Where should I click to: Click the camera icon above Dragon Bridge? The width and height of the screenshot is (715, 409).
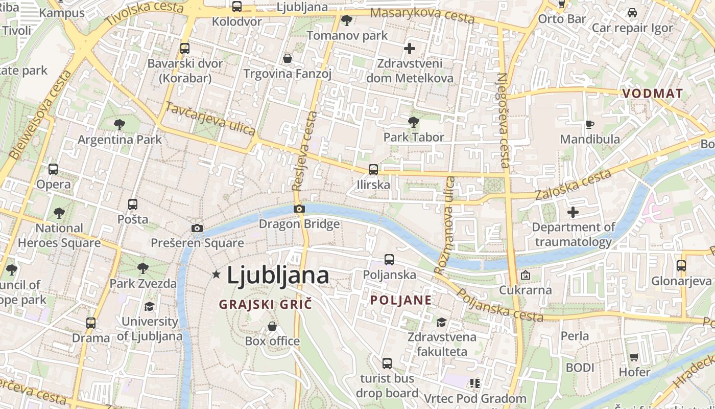tap(299, 209)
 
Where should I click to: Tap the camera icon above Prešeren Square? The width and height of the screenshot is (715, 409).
tap(197, 228)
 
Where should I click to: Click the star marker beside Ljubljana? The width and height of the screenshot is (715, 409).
tap(216, 275)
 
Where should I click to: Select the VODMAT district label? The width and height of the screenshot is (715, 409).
tap(653, 94)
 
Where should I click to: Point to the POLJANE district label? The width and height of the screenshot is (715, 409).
tap(401, 300)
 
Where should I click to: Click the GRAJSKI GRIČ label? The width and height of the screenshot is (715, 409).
tap(265, 305)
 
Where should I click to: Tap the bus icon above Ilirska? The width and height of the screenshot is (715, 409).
tap(373, 170)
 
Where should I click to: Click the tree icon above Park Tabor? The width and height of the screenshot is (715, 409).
tap(414, 122)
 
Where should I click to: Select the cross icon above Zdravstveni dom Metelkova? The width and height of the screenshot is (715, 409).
tap(409, 49)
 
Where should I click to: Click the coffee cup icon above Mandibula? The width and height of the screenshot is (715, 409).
tap(589, 124)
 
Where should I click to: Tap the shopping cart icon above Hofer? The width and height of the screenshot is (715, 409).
tap(634, 357)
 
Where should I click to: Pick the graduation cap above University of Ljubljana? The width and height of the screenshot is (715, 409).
tap(149, 306)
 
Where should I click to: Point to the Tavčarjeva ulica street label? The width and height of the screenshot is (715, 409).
tap(210, 119)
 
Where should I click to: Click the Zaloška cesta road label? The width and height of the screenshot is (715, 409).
tap(573, 185)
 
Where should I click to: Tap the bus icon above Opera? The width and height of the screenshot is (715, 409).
tap(53, 169)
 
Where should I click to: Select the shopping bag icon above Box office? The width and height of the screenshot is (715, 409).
tap(272, 326)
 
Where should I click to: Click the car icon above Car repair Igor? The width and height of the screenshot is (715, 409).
tap(632, 13)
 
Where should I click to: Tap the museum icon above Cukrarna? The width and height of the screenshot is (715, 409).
tap(525, 276)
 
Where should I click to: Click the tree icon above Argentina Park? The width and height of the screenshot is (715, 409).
tap(120, 124)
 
